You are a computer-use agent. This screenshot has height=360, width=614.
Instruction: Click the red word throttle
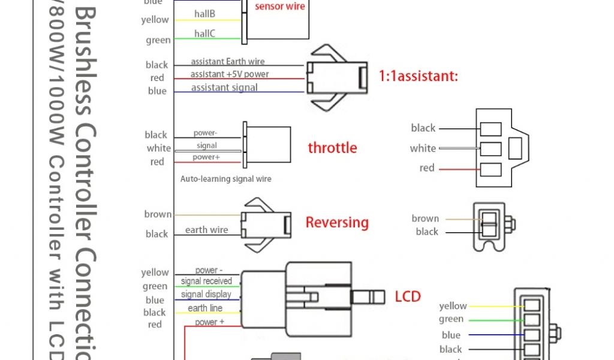click(332, 148)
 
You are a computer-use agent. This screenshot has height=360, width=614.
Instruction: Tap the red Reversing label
click(337, 223)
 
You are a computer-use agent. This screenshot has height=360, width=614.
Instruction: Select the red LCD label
click(408, 296)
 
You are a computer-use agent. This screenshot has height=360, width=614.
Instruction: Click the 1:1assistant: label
click(419, 77)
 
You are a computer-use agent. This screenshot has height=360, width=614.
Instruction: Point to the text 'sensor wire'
click(280, 7)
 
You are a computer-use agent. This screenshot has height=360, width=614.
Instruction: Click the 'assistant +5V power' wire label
click(230, 74)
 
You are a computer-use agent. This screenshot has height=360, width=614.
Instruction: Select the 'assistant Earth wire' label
click(228, 61)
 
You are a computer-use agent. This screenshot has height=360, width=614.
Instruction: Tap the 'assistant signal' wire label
click(224, 88)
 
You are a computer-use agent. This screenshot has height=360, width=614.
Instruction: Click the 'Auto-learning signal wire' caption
click(226, 179)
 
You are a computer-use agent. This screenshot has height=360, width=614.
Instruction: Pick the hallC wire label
click(204, 34)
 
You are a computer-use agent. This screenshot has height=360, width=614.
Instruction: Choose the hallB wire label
click(204, 14)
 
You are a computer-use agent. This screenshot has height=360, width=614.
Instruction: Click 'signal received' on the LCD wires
click(206, 281)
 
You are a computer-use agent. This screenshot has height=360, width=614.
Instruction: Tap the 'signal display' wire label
click(206, 294)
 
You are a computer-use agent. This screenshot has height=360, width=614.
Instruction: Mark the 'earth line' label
click(205, 308)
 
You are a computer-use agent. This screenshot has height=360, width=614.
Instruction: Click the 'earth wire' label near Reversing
click(206, 230)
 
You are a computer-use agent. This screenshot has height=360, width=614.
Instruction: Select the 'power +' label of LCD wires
click(210, 322)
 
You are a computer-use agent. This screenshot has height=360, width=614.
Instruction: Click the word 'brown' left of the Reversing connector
click(158, 214)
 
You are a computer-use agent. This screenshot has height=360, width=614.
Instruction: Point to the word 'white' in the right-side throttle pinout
click(423, 148)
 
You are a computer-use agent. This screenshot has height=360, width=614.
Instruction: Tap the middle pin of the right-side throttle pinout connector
click(491, 148)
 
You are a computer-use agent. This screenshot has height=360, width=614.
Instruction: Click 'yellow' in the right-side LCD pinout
click(453, 307)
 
